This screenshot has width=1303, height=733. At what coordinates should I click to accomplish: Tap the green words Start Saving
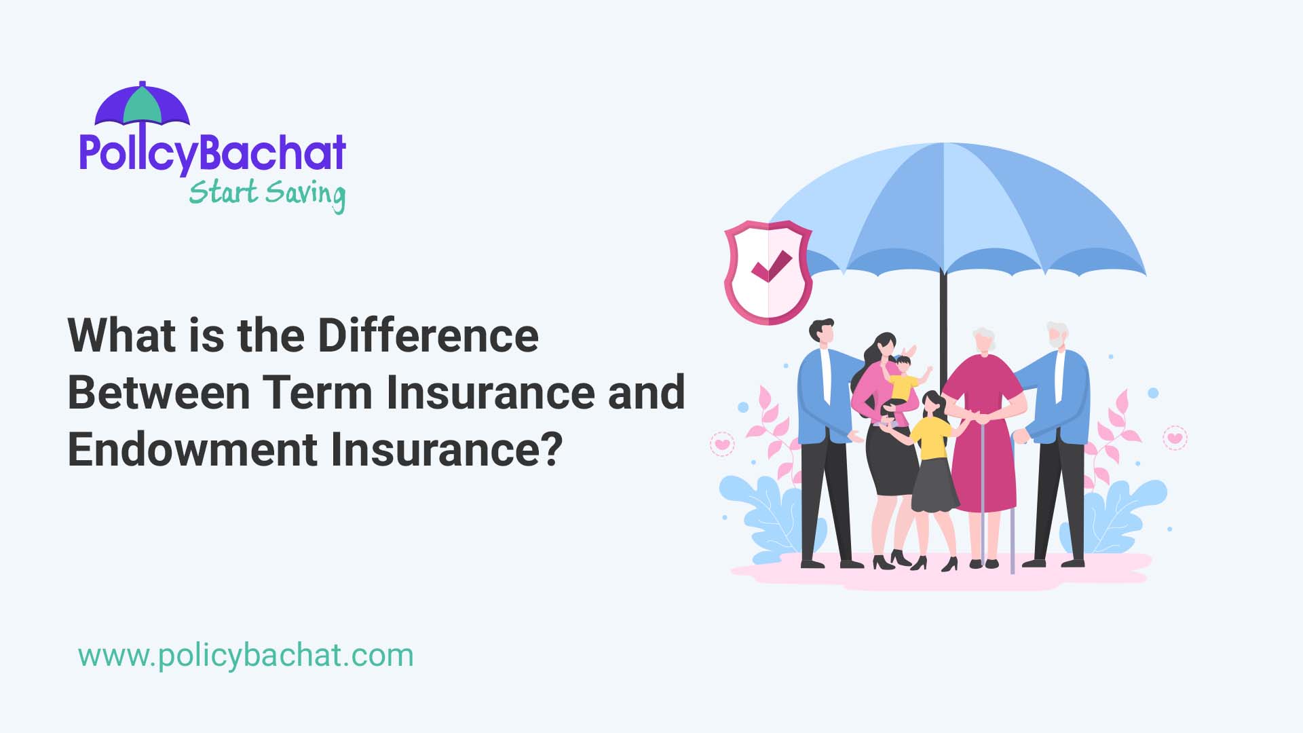click(267, 193)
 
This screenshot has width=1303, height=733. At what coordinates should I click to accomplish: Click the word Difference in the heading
click(428, 335)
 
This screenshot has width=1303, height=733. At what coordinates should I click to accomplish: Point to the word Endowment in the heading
click(193, 449)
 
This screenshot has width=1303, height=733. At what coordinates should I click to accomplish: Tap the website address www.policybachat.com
click(246, 656)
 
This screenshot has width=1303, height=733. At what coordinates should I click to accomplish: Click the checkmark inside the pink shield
click(771, 267)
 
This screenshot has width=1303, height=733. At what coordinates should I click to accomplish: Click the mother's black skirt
click(890, 462)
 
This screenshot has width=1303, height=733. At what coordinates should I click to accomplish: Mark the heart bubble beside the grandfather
click(1175, 438)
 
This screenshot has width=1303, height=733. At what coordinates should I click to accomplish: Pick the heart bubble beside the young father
click(723, 444)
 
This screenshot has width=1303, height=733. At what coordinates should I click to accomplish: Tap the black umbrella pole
click(943, 319)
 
